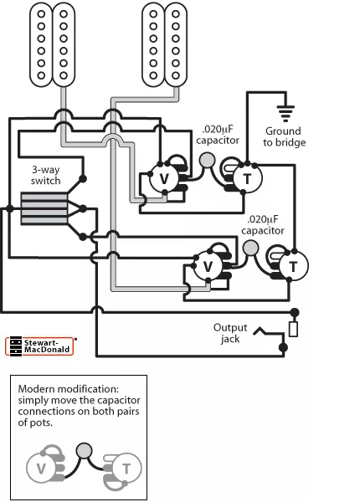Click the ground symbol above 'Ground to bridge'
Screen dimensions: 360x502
pyautogui.click(x=285, y=114)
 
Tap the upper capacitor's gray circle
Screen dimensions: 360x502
pyautogui.click(x=208, y=161)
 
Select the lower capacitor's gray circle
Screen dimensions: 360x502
pyautogui.click(x=251, y=248)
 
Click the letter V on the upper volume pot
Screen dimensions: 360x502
pyautogui.click(x=164, y=179)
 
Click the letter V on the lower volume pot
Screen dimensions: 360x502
pyautogui.click(x=208, y=266)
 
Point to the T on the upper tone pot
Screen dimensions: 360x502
pyautogui.click(x=247, y=179)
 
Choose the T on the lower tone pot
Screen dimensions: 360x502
pyautogui.click(x=293, y=267)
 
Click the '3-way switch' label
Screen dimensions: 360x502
pyautogui.click(x=45, y=175)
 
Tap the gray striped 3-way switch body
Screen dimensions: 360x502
pyautogui.click(x=44, y=208)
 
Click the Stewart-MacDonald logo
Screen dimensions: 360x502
pyautogui.click(x=39, y=346)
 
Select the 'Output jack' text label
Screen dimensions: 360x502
pyautogui.click(x=230, y=333)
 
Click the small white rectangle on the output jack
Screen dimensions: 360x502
pyautogui.click(x=293, y=330)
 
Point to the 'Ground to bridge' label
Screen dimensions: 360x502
pyautogui.click(x=284, y=136)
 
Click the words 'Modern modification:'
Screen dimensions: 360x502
pyautogui.click(x=68, y=389)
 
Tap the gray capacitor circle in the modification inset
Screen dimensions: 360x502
pyautogui.click(x=85, y=450)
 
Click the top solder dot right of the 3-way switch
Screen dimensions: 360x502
pyautogui.click(x=83, y=179)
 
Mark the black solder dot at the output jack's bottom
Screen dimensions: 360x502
pyautogui.click(x=283, y=347)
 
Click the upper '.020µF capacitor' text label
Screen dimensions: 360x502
pyautogui.click(x=218, y=135)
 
